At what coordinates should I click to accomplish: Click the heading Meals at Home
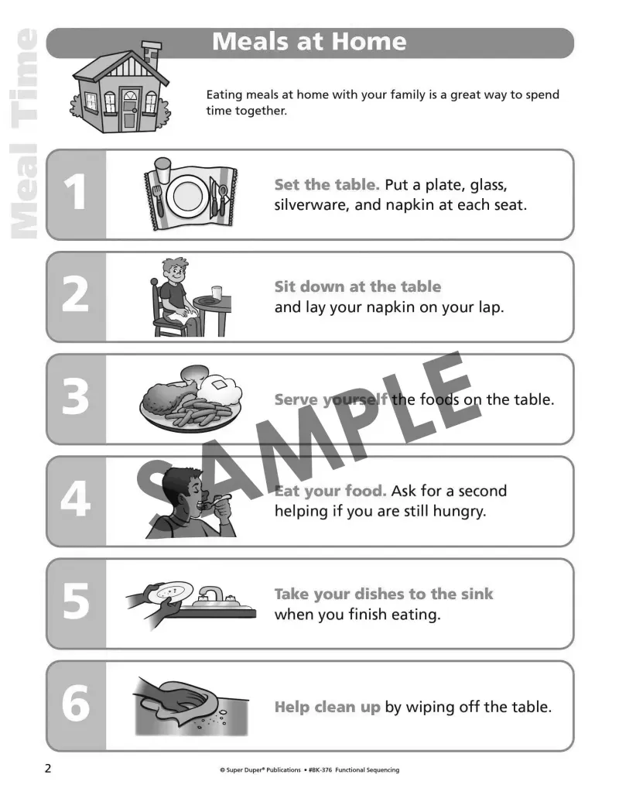(309, 42)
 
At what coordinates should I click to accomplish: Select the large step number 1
(75, 194)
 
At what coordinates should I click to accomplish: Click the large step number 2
(75, 296)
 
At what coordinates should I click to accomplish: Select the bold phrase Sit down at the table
(357, 287)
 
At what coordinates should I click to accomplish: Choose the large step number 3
(75, 398)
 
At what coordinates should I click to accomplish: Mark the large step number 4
(75, 500)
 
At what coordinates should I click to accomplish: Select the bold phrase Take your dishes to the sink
(383, 595)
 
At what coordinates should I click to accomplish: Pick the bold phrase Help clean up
(327, 707)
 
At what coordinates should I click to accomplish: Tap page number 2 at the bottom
(48, 769)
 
